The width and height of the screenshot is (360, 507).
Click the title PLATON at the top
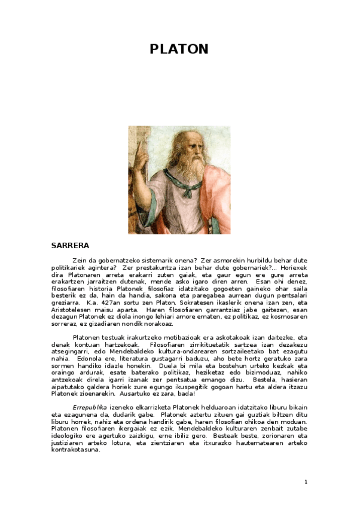(179, 49)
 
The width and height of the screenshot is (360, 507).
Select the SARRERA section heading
(71, 245)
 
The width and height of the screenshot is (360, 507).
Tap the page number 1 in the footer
(306, 481)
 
